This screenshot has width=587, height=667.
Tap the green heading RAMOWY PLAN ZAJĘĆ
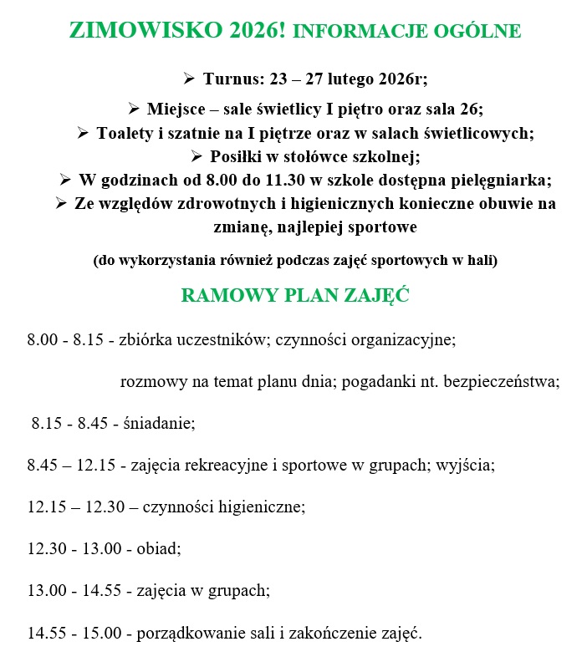tap(294, 296)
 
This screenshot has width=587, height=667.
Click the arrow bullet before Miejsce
tap(134, 109)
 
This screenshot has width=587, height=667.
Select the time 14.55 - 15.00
tap(74, 634)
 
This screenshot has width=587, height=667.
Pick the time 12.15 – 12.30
tap(74, 507)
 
